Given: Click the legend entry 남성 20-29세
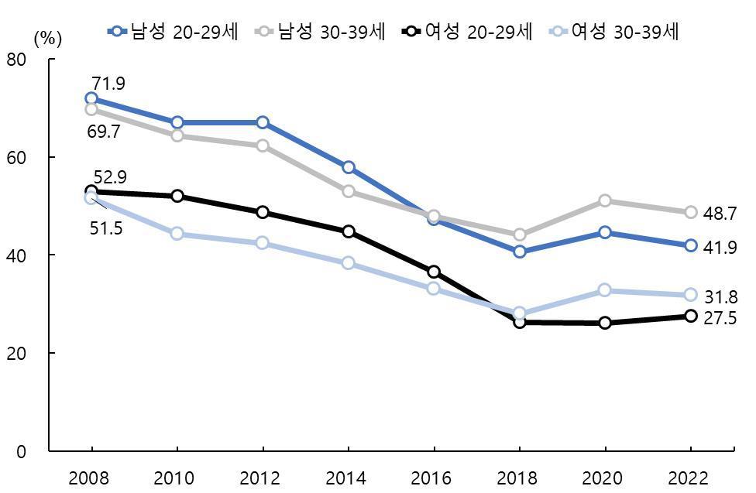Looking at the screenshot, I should pyautogui.click(x=174, y=31).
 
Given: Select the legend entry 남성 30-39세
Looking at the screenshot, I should pyautogui.click(x=320, y=31).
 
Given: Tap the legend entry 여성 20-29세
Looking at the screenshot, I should pyautogui.click(x=467, y=31).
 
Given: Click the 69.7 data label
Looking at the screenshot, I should pyautogui.click(x=103, y=132).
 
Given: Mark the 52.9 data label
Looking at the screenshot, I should pyautogui.click(x=110, y=177).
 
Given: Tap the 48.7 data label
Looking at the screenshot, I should pyautogui.click(x=720, y=214).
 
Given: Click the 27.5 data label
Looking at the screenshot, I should pyautogui.click(x=720, y=318).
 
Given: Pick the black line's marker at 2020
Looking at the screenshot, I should pyautogui.click(x=605, y=322).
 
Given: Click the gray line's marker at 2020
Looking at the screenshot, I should pyautogui.click(x=605, y=200).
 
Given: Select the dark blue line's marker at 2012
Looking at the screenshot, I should pyautogui.click(x=263, y=122).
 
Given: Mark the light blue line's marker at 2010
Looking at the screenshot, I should pyautogui.click(x=177, y=234).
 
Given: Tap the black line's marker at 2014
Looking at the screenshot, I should pyautogui.click(x=349, y=231).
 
